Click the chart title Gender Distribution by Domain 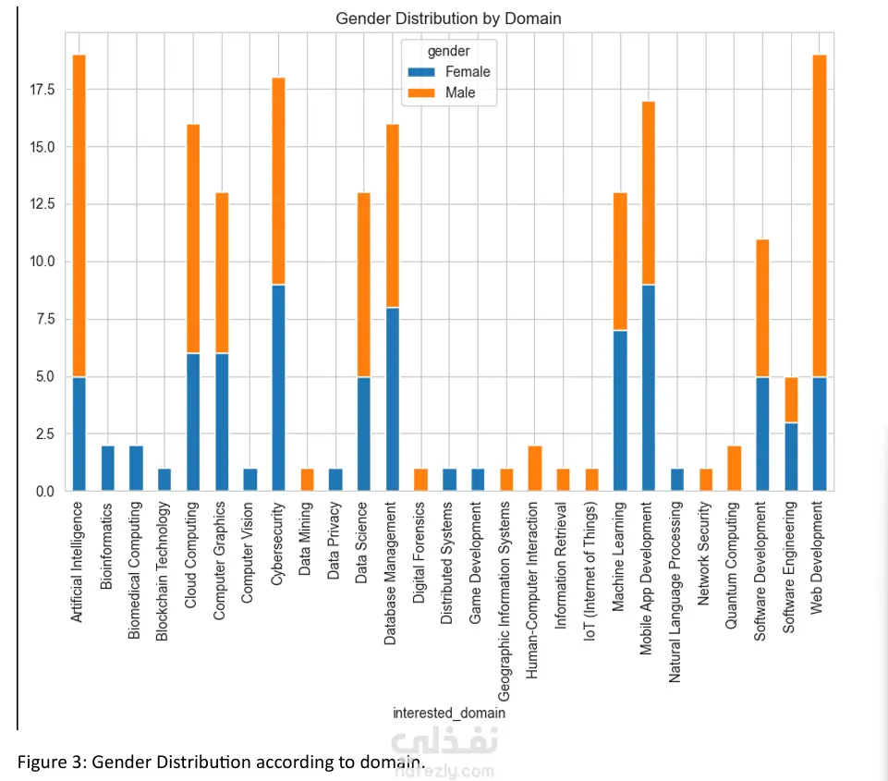[448, 18]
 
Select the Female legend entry [468, 72]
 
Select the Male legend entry [460, 92]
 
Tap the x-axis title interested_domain [449, 713]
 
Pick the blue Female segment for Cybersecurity [278, 388]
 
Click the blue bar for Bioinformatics [107, 468]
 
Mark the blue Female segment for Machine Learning [619, 410]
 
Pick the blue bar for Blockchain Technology [164, 480]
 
